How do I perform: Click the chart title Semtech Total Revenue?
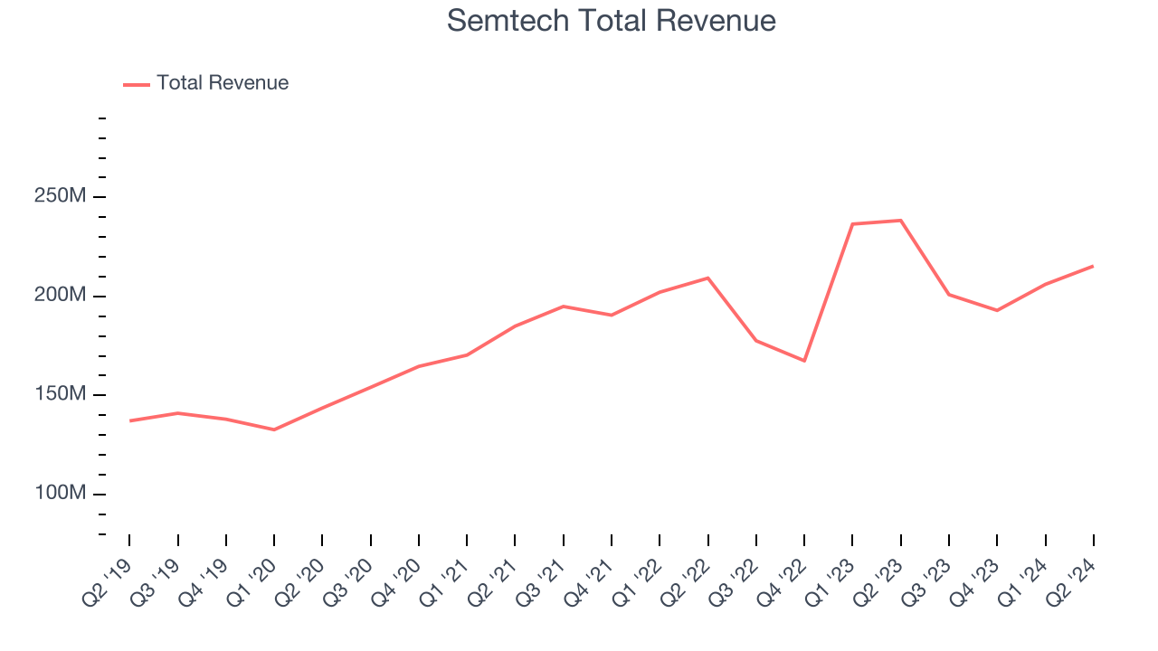[612, 21]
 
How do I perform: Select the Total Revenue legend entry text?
[223, 83]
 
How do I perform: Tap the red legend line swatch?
[137, 84]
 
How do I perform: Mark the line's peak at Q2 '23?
[901, 221]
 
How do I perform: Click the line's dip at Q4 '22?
[804, 361]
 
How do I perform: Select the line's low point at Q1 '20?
[274, 429]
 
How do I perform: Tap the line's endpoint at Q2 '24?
[1093, 266]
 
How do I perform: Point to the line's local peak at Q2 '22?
[707, 278]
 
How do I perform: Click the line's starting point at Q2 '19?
[129, 420]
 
